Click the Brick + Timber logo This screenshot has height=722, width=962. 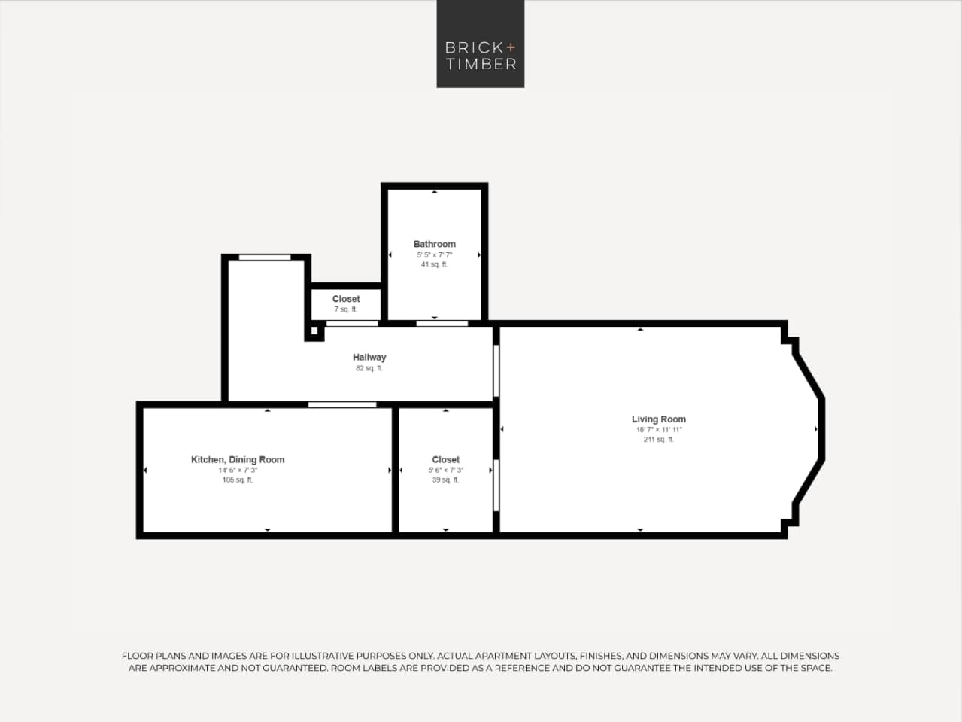pyautogui.click(x=480, y=44)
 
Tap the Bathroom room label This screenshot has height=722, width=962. pyautogui.click(x=434, y=244)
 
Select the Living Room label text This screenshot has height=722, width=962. pyautogui.click(x=658, y=419)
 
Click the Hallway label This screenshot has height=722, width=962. pyautogui.click(x=369, y=358)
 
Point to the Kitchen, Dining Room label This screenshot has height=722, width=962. pyautogui.click(x=238, y=459)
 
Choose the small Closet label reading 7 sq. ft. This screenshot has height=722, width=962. pyautogui.click(x=346, y=299)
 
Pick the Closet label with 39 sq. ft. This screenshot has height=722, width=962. pyautogui.click(x=445, y=459)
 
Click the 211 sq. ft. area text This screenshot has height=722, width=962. pyautogui.click(x=658, y=440)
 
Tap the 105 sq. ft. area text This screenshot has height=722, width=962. pyautogui.click(x=238, y=480)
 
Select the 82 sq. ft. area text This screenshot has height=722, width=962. pyautogui.click(x=369, y=368)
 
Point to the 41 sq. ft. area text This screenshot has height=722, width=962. pyautogui.click(x=434, y=264)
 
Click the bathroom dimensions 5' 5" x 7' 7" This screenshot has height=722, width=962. pyautogui.click(x=434, y=254)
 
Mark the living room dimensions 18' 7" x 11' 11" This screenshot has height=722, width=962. pyautogui.click(x=658, y=430)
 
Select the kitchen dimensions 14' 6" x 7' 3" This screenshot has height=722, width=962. pyautogui.click(x=238, y=470)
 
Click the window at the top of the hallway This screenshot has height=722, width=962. pyautogui.click(x=264, y=257)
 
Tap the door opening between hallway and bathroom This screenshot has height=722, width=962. pyautogui.click(x=442, y=324)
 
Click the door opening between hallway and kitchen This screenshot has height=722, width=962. pyautogui.click(x=342, y=405)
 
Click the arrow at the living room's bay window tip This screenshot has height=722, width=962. pyautogui.click(x=816, y=429)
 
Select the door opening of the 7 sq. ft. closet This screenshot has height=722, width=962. pyautogui.click(x=352, y=324)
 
